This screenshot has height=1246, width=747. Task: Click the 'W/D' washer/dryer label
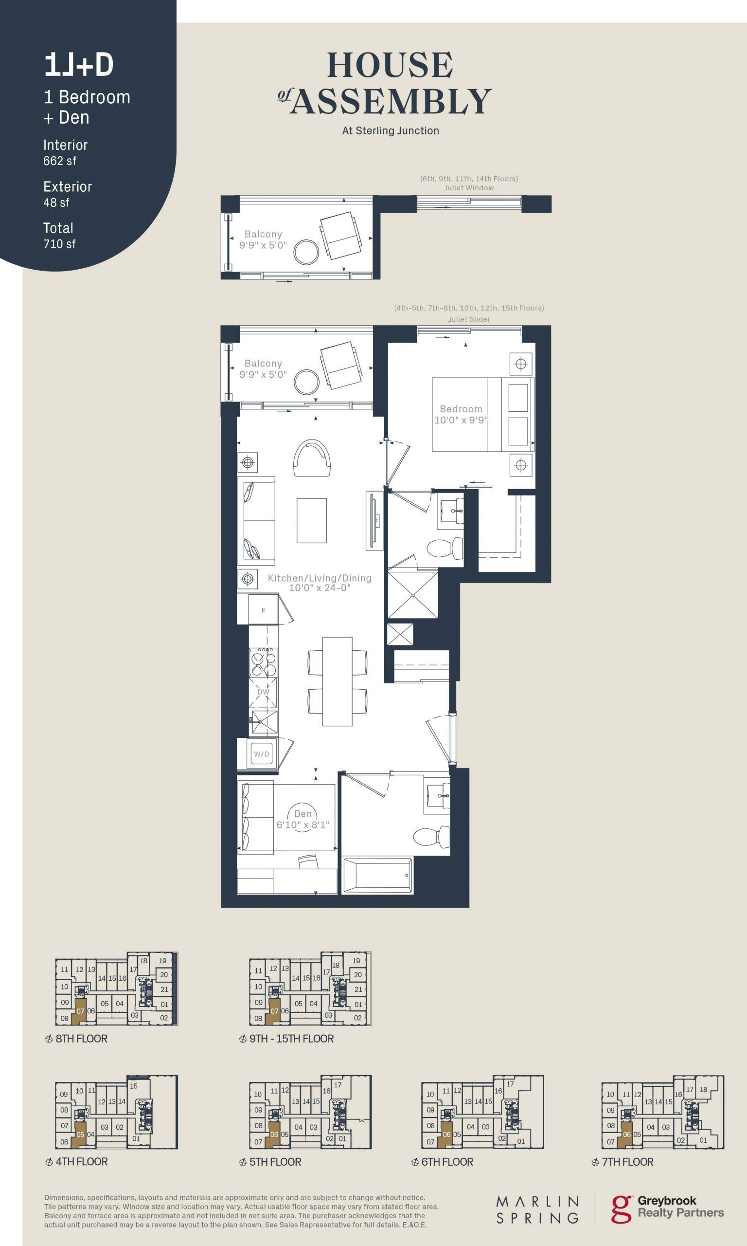tap(261, 754)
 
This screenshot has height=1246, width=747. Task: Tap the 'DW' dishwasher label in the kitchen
tap(263, 692)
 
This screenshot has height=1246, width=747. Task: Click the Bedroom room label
tap(461, 409)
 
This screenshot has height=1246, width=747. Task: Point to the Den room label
tap(303, 813)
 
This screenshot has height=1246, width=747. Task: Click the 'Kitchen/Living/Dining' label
tap(320, 578)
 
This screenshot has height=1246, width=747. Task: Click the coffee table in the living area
tap(312, 520)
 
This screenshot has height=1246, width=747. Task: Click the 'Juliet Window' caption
tap(469, 188)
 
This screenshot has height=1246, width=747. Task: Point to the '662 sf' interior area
tap(60, 161)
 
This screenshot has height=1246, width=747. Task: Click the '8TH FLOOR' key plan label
tap(82, 1039)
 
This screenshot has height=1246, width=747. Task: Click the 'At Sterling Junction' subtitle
tap(391, 130)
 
